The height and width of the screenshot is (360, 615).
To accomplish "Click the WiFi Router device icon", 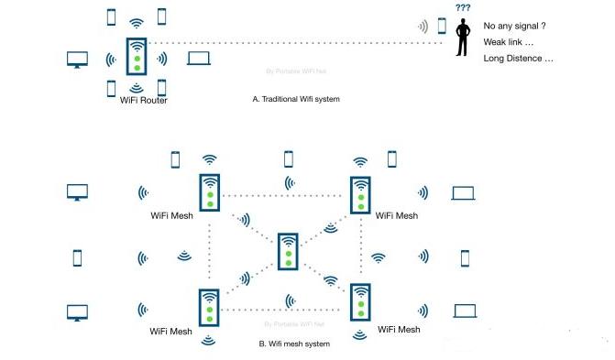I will pos(137,55).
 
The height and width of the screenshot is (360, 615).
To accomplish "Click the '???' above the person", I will pos(463,7).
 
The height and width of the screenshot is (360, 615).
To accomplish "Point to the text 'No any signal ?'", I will pos(514,26).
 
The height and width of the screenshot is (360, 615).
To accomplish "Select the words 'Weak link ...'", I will pos(508,42).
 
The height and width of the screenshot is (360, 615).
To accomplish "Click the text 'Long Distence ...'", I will pos(518,59).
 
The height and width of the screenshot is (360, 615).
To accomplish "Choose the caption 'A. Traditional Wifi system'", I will pos(296,98).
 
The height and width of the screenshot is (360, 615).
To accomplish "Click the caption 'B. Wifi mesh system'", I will pos(295,344).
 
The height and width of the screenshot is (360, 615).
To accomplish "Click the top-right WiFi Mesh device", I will pos(361,194).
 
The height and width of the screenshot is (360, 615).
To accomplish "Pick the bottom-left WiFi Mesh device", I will pos(210,308).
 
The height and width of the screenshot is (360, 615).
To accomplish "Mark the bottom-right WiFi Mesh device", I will pos(361,303).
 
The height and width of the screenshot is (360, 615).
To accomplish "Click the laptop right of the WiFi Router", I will pos(199,59).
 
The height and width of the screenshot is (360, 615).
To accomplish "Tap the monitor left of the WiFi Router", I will pos(76,60).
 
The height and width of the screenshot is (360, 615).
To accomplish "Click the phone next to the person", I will pos(442,26).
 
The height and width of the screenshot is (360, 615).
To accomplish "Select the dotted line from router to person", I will pos(284,42).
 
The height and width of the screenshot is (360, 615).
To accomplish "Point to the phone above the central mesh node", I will pos(289,158).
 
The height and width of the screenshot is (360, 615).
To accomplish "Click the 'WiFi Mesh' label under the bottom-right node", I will pos(399,330).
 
